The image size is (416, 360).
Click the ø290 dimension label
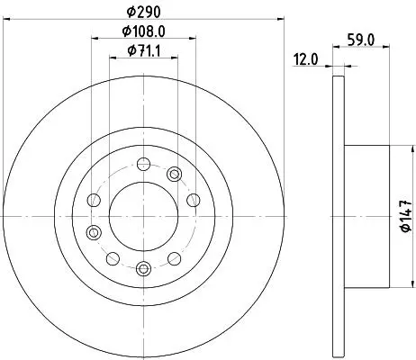tap(143, 12)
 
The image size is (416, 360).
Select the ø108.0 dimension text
tap(143, 31)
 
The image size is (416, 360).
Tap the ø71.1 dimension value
tap(144, 50)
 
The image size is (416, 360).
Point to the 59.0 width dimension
tap(361, 40)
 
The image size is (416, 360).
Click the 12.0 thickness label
tap(305, 59)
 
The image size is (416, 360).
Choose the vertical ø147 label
tap(406, 216)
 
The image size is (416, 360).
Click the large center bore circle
tap(143, 216)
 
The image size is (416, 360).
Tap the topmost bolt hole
tap(143, 164)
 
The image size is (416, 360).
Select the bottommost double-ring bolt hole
tap(143, 268)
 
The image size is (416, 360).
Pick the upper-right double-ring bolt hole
tap(174, 174)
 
